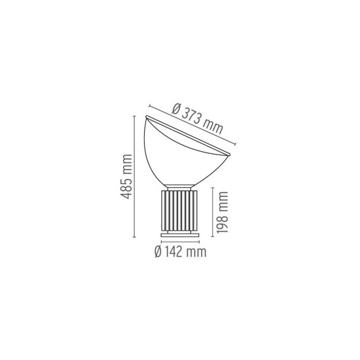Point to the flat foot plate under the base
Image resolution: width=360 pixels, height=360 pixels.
[x=179, y=234]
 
